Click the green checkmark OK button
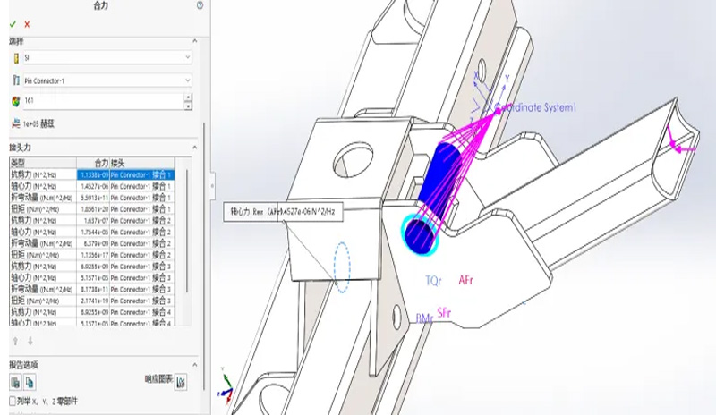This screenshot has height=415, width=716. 13,24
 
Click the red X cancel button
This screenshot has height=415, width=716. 27,24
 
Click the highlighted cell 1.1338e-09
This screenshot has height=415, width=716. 94,174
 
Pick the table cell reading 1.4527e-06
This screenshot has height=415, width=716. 94,186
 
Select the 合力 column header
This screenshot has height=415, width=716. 94,163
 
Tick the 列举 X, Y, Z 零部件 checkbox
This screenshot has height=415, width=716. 13,401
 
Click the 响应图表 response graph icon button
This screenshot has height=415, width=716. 181,383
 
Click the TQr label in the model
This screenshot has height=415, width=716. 433,280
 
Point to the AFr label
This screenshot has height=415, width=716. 466,280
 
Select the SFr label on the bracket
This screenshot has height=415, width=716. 445,312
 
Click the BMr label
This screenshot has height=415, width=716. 423,318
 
